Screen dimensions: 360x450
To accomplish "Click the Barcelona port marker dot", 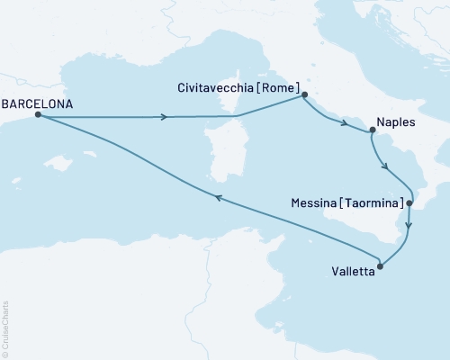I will point(37,115).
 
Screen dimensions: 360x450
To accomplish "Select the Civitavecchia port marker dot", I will point(304,94).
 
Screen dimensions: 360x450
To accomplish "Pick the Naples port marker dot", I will point(371,131).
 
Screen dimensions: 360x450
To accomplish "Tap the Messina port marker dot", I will point(409,203).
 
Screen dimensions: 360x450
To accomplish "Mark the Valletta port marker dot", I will point(381,265).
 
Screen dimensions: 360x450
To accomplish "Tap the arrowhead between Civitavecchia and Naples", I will point(346,123).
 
